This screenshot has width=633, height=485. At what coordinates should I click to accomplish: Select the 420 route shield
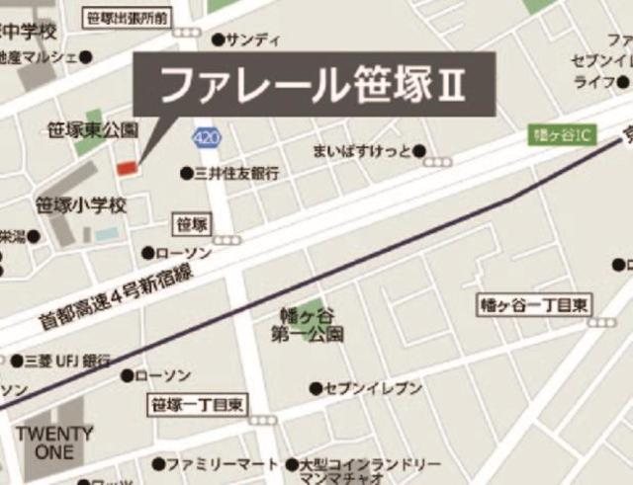click(207, 138)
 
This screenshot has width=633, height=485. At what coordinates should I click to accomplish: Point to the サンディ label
click(253, 40)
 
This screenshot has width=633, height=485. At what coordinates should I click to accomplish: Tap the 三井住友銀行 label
click(236, 173)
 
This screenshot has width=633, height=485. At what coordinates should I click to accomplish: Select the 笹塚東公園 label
click(94, 130)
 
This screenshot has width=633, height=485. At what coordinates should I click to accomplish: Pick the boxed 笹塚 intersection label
click(191, 224)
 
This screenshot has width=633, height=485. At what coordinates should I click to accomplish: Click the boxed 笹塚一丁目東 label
click(199, 404)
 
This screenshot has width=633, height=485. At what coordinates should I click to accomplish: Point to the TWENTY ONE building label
click(53, 443)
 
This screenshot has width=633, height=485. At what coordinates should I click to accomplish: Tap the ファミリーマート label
click(222, 463)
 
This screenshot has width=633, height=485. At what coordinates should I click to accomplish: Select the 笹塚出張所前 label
click(128, 17)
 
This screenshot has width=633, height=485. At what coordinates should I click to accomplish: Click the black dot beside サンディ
click(218, 40)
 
